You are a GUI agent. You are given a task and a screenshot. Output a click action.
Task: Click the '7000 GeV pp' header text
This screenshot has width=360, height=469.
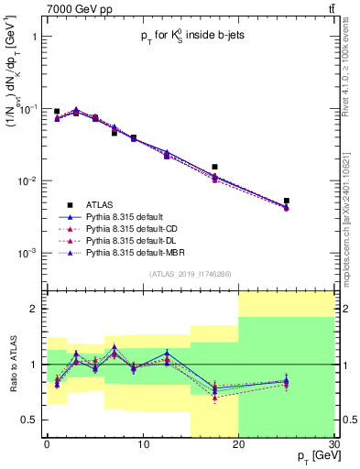coord(42,8)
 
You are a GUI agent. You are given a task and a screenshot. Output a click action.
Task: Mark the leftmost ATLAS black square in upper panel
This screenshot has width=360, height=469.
coord(57,112)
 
